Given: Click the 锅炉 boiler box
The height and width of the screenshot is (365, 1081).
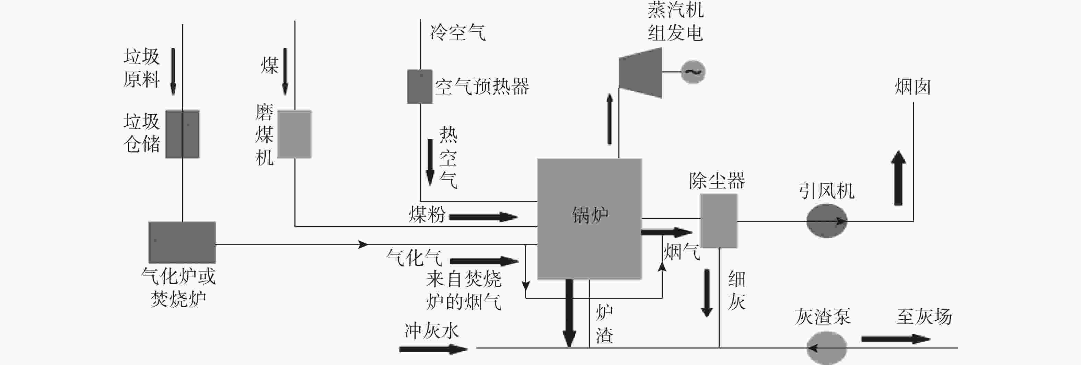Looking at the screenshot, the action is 590,219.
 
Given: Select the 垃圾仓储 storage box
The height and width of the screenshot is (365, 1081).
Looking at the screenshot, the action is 183,134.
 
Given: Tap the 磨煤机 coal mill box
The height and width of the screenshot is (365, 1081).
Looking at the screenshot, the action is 294,134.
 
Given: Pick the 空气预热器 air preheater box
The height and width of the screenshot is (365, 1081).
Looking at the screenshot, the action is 420,87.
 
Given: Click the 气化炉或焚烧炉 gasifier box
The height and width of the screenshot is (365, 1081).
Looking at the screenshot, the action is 182,242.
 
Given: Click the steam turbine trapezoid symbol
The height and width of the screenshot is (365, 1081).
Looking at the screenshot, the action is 640,73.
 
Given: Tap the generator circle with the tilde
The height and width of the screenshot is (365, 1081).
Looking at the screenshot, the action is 693,72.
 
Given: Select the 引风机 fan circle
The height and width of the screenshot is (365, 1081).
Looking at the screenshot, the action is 827,221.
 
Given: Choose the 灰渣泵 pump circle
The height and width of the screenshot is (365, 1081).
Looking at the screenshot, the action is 827,348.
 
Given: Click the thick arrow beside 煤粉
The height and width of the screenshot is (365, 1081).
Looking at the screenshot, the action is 483,217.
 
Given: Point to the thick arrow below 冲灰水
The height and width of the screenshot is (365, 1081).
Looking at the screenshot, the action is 433,349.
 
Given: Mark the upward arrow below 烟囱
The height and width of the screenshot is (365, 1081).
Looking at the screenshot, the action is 898,178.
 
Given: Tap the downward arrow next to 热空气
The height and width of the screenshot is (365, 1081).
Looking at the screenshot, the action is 430,162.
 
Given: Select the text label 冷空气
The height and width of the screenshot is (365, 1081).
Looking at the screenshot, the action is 457,32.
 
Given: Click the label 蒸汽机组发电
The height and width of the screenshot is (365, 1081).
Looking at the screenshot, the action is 675,21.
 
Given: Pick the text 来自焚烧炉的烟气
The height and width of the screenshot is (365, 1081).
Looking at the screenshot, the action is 463,290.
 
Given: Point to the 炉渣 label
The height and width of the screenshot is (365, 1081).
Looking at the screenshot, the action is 604,324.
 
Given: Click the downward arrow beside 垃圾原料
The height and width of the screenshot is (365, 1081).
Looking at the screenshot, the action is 173,72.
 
